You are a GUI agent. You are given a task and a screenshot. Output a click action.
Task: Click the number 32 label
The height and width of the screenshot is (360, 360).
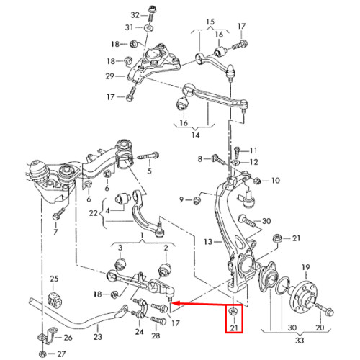(135, 15)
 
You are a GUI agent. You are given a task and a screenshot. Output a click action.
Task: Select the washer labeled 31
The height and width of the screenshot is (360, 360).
(148, 28)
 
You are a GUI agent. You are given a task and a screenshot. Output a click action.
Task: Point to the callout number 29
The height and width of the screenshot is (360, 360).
(110, 76)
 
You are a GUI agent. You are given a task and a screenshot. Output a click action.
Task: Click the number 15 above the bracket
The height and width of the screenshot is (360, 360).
(210, 22)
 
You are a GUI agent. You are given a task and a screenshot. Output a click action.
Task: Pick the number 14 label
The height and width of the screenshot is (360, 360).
(195, 135)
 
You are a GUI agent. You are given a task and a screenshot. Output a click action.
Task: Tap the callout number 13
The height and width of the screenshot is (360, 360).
(208, 242)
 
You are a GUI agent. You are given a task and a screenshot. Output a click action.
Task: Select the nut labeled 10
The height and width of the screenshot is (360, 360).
(257, 180)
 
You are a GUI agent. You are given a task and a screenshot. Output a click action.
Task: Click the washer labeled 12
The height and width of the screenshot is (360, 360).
(235, 163)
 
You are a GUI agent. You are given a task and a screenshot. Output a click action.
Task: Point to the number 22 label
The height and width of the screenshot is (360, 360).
(93, 213)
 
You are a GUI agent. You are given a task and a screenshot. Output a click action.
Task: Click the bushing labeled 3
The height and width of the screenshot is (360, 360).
(120, 264)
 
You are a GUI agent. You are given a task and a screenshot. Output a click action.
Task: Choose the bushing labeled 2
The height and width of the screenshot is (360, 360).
(165, 269)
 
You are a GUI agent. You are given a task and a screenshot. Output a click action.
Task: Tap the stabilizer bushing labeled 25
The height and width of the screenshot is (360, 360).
(55, 300)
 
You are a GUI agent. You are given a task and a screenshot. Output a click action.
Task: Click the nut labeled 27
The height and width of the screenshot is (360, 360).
(42, 354)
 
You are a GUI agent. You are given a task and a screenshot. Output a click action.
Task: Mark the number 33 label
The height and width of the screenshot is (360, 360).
(300, 340)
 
